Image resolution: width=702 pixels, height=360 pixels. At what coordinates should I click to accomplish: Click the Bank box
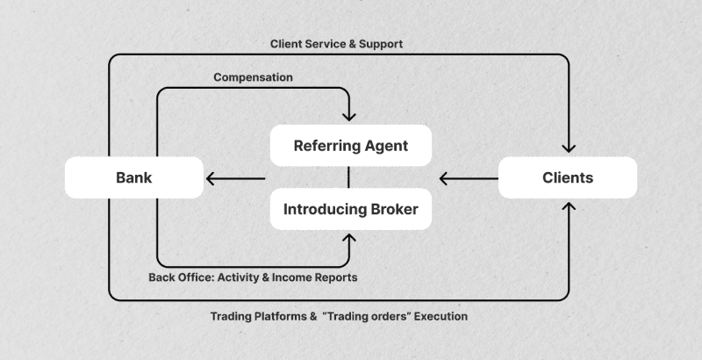pyautogui.click(x=134, y=178)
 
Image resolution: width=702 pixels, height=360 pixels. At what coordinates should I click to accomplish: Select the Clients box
pyautogui.click(x=567, y=178)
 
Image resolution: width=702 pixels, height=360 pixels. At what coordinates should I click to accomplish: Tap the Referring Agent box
pyautogui.click(x=350, y=146)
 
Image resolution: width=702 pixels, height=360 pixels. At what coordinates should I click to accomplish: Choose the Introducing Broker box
pyautogui.click(x=350, y=210)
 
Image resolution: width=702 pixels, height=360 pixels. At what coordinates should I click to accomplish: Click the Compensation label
pyautogui.click(x=253, y=77)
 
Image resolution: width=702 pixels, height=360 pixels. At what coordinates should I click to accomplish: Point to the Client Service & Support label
pyautogui.click(x=337, y=43)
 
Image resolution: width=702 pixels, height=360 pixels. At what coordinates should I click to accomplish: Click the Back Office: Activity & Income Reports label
pyautogui.click(x=253, y=277)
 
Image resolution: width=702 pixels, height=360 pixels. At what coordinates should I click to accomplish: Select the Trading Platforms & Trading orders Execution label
pyautogui.click(x=339, y=315)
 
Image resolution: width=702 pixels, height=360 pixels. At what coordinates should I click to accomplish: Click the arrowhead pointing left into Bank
pyautogui.click(x=210, y=179)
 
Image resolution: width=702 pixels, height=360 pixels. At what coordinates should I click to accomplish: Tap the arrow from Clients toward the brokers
pyautogui.click(x=465, y=179)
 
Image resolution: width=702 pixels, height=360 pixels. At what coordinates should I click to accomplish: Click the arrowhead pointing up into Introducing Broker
pyautogui.click(x=350, y=237)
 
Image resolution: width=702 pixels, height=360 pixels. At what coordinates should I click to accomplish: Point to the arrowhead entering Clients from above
pyautogui.click(x=569, y=148)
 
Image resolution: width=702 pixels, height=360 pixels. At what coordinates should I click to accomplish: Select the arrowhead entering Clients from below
pyautogui.click(x=569, y=208)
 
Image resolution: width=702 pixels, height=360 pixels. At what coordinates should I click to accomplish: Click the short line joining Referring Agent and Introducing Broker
pyautogui.click(x=350, y=177)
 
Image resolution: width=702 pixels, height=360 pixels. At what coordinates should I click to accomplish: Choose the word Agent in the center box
pyautogui.click(x=385, y=146)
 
